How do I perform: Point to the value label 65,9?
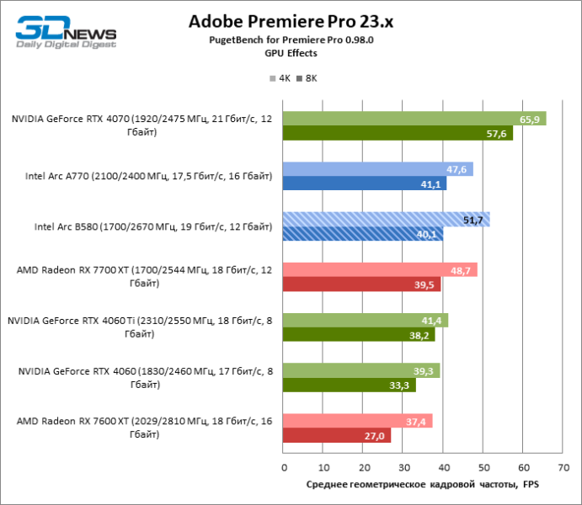click(530, 120)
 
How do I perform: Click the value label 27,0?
click(374, 436)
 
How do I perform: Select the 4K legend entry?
click(280, 78)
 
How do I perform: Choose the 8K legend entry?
click(307, 78)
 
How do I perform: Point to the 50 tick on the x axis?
click(483, 467)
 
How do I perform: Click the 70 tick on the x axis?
click(562, 467)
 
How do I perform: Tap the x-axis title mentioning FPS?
click(422, 485)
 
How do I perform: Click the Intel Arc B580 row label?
click(153, 227)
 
